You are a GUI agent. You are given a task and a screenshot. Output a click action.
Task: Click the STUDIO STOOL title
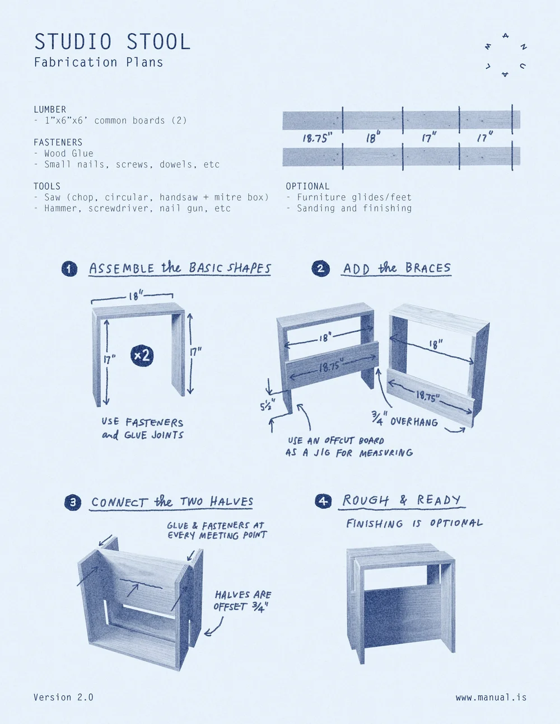112,42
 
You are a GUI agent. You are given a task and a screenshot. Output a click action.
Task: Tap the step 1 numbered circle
69,269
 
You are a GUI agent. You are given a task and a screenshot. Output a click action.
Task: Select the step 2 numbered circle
320,269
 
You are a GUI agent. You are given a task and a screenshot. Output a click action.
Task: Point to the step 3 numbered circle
73,502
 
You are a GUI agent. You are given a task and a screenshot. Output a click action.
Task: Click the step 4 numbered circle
323,501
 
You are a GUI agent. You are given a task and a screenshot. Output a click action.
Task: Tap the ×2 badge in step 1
142,355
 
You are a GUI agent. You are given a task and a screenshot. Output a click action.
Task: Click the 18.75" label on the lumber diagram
317,138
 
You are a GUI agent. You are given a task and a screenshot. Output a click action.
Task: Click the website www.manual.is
491,697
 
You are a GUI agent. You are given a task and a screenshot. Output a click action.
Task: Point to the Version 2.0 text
63,697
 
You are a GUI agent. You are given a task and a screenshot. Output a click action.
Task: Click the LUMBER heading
50,110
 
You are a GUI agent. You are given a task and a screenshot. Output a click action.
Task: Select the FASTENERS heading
58,143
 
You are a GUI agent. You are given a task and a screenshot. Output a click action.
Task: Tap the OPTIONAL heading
307,186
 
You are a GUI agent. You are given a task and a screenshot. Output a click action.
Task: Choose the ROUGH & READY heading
402,500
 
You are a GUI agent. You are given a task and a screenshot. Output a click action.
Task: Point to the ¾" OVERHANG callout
404,419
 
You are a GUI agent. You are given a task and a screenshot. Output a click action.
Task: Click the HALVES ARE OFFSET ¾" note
242,600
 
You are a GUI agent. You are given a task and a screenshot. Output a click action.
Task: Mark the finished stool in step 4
400,601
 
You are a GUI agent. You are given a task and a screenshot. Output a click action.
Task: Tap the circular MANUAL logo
505,55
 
